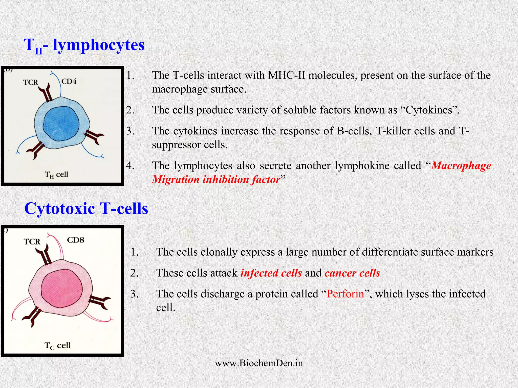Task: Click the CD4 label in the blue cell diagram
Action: tap(69, 81)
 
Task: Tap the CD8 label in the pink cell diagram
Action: tap(76, 240)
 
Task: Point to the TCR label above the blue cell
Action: tap(31, 82)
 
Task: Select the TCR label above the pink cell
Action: tap(32, 242)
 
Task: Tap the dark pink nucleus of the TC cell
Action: tap(62, 288)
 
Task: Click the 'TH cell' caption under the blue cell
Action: tap(56, 175)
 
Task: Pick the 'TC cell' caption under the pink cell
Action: tap(57, 345)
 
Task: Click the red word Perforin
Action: tap(345, 294)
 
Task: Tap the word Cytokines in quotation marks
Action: tap(429, 110)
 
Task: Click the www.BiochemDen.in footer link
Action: tap(259, 363)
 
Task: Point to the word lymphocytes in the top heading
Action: tap(99, 45)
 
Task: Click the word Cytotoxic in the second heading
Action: tap(60, 209)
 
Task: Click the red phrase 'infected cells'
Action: tap(271, 273)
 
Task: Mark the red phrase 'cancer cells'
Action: tap(352, 273)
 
